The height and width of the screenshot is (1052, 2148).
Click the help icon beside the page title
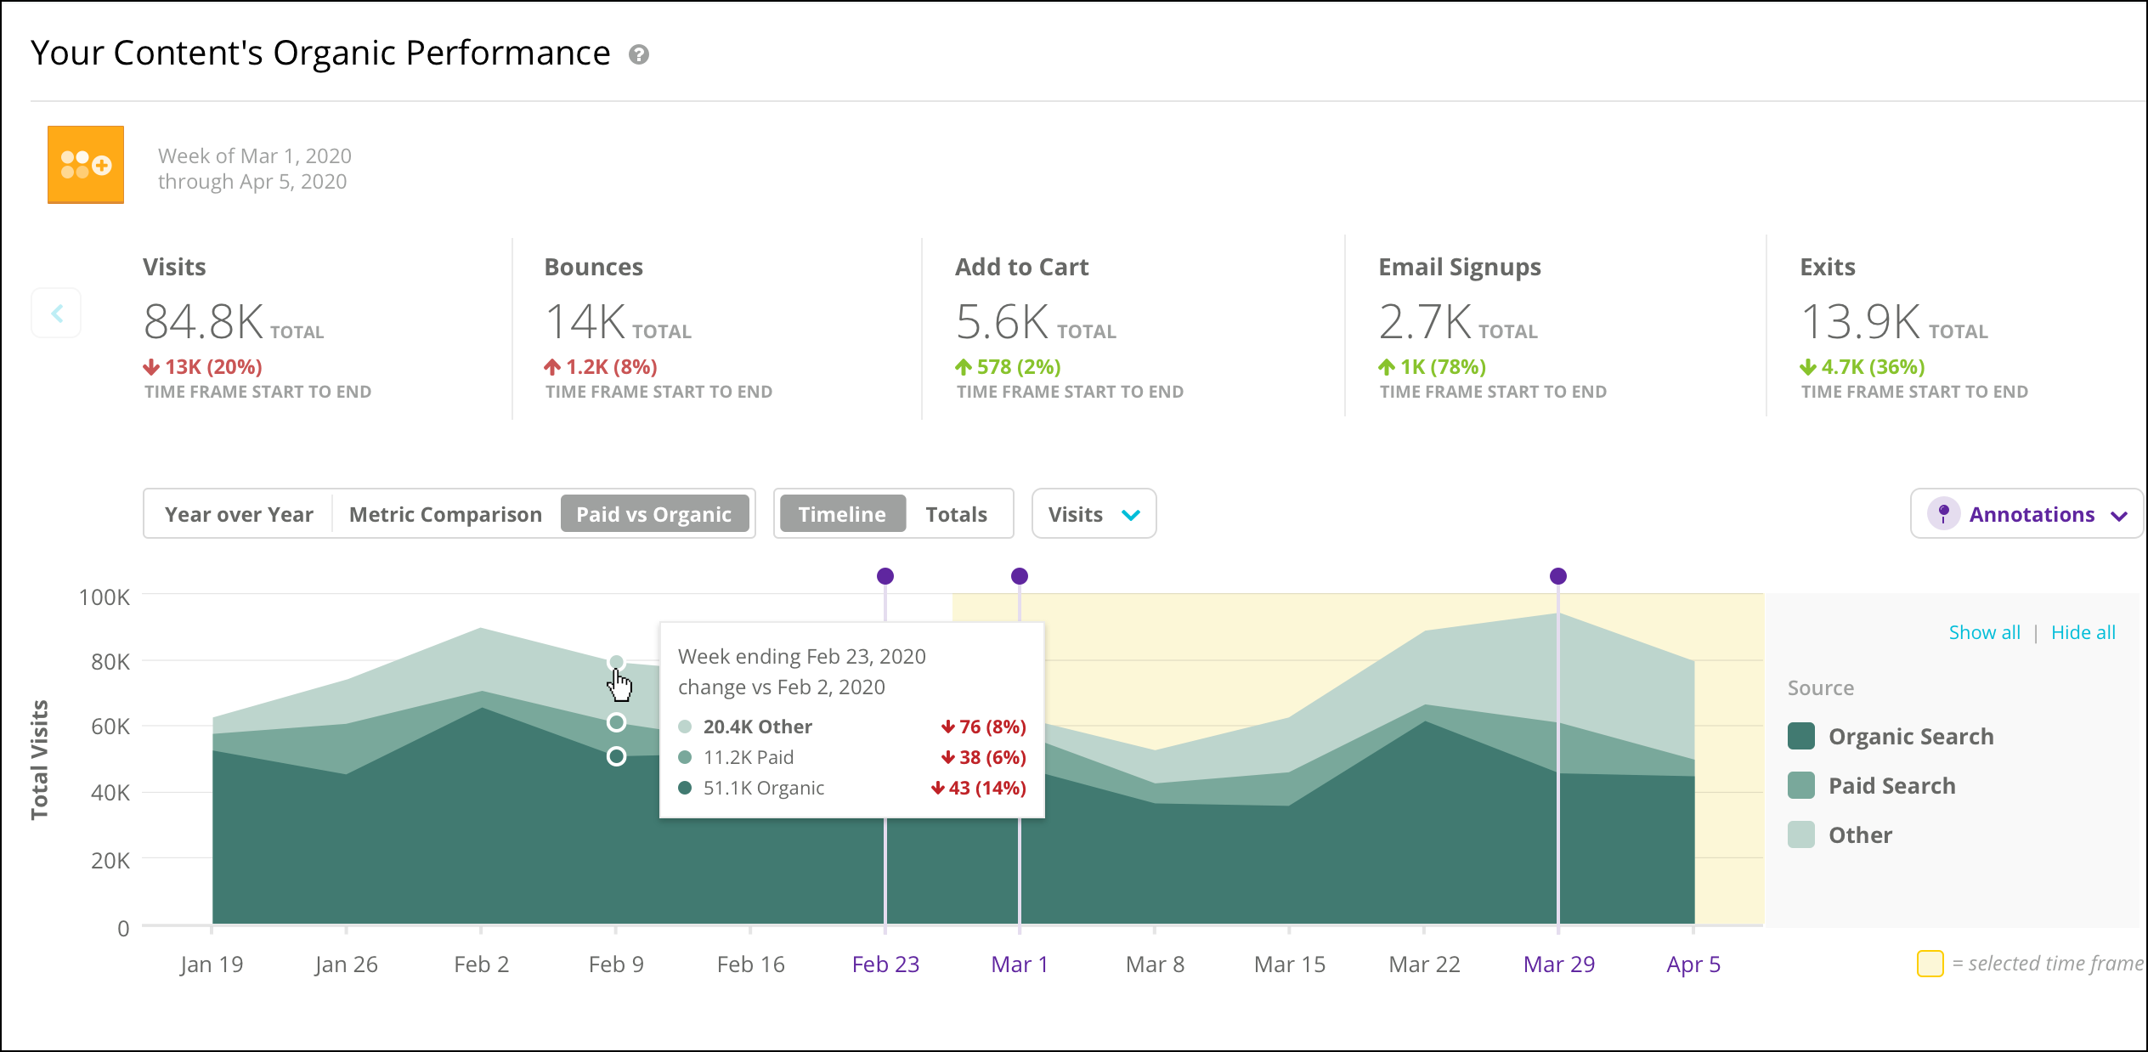tap(639, 54)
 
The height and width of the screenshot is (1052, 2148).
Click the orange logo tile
tap(86, 165)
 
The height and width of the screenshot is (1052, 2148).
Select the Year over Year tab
tap(239, 514)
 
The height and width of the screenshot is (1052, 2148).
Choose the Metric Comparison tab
tap(445, 514)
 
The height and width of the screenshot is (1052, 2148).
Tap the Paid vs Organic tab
tap(654, 514)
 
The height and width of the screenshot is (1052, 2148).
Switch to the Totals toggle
tap(957, 514)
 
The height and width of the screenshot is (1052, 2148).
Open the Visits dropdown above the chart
tap(1094, 514)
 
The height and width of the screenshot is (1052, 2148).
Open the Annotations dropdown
tap(2027, 514)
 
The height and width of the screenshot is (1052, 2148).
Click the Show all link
tap(1984, 632)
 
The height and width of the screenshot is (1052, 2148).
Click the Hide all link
tap(2083, 632)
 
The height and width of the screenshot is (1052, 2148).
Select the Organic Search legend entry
tap(1891, 736)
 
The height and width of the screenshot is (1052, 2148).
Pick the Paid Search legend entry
tap(1872, 785)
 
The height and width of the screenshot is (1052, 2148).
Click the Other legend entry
tap(1840, 834)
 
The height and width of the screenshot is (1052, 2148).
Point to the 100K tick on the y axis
tap(105, 597)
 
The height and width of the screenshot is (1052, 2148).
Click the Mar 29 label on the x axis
tap(1559, 964)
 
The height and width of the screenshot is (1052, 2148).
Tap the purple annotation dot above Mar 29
tap(1558, 576)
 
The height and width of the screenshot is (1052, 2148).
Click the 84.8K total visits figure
tap(204, 322)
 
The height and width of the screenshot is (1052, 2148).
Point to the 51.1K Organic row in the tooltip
tap(852, 788)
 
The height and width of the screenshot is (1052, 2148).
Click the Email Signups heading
tap(1460, 267)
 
